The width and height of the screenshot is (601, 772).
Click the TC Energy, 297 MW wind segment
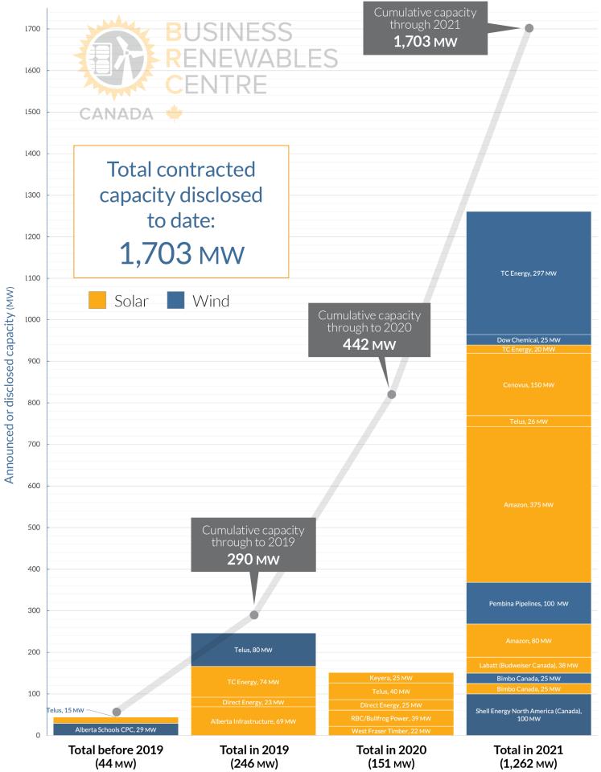(x=529, y=273)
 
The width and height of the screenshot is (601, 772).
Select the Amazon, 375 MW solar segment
(x=529, y=504)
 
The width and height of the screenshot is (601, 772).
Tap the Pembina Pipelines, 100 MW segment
(x=529, y=603)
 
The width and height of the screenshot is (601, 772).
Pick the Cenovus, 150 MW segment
(x=529, y=385)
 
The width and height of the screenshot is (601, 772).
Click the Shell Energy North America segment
(x=529, y=714)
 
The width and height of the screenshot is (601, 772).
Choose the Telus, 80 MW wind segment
(x=253, y=650)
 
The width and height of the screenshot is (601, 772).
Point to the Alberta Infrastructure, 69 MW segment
(x=253, y=721)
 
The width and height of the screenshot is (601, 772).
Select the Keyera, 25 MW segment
(x=391, y=678)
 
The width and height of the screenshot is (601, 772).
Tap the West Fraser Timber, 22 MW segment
(x=391, y=730)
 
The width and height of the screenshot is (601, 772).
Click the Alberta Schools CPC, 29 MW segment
(x=116, y=729)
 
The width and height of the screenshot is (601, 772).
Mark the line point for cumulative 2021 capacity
(x=529, y=28)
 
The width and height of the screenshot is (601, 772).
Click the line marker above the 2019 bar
(x=254, y=615)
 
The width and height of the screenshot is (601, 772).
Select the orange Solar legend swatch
(x=97, y=302)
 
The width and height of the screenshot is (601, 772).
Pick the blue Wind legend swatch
(x=176, y=302)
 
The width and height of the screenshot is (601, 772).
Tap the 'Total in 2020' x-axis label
(x=391, y=750)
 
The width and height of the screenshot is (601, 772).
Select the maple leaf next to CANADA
(x=174, y=113)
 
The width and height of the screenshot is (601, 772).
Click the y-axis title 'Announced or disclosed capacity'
(x=10, y=386)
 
